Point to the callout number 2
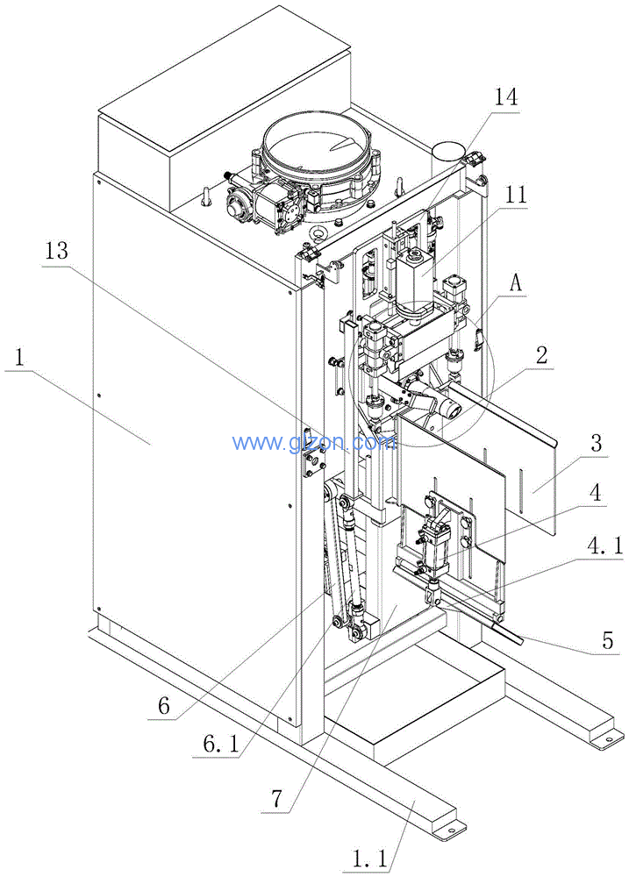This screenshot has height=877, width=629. (542, 355)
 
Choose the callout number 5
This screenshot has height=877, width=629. (605, 639)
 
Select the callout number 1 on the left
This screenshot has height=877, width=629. (19, 358)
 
